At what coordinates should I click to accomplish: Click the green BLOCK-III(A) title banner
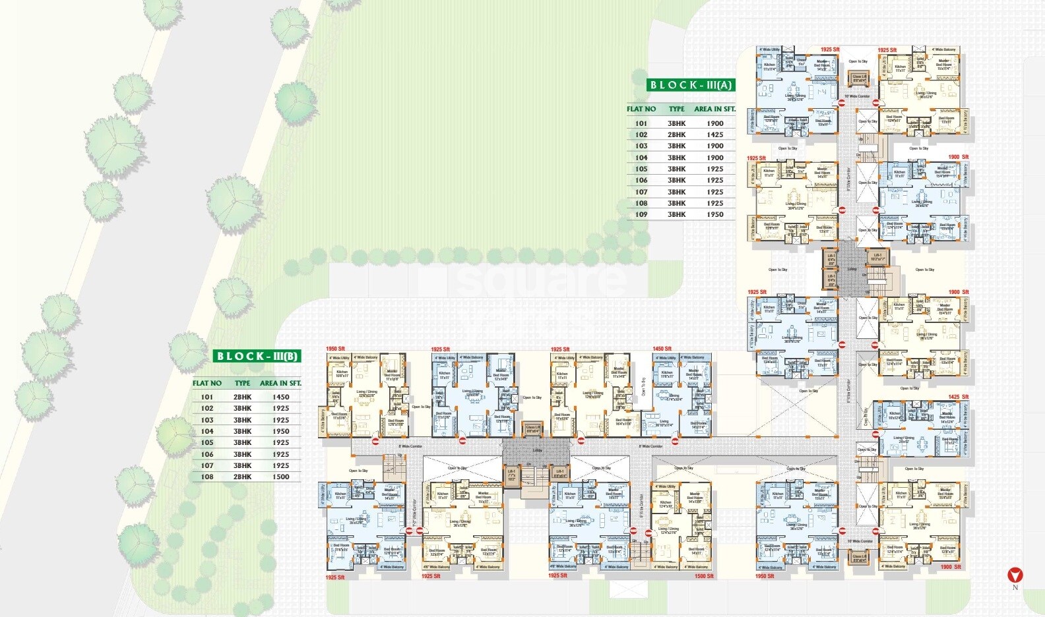tap(691, 85)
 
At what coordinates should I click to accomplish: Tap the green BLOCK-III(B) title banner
tap(258, 357)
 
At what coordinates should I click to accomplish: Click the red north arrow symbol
tap(1015, 575)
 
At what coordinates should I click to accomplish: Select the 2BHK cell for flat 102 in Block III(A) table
tap(676, 134)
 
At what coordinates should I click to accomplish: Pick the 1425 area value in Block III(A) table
tap(715, 134)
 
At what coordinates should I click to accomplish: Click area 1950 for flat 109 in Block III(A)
tap(715, 214)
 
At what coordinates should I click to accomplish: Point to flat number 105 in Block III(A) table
tap(641, 169)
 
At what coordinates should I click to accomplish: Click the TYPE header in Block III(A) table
tap(676, 109)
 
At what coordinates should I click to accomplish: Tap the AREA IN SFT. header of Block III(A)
tap(714, 109)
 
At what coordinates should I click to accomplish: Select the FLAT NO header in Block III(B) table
tap(207, 383)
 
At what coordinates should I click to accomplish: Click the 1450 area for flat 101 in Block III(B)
tap(281, 397)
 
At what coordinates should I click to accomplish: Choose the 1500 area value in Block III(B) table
tap(281, 477)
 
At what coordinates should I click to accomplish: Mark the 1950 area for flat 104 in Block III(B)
tap(281, 431)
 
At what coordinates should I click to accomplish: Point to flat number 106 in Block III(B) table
tap(207, 454)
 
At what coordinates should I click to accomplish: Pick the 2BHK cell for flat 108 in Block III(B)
tap(242, 477)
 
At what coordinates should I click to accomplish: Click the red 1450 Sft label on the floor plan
tap(662, 349)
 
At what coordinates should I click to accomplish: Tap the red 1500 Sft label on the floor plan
tap(704, 576)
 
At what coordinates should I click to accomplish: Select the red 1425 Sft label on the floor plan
tap(958, 397)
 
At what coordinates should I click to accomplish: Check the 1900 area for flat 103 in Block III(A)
tap(715, 146)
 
